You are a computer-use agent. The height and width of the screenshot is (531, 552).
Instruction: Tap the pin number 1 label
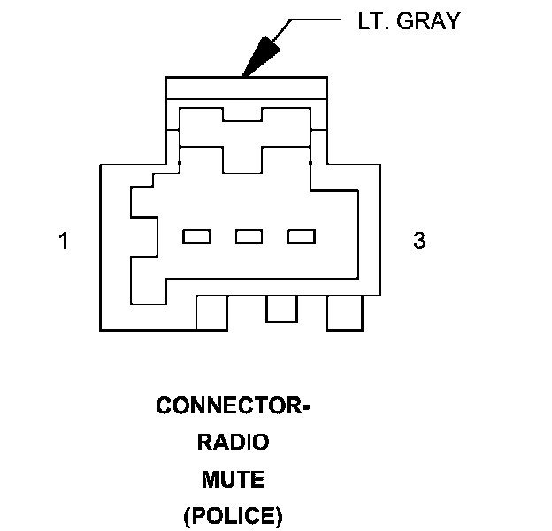(x=63, y=240)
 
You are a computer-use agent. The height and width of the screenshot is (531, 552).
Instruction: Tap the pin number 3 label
(x=419, y=240)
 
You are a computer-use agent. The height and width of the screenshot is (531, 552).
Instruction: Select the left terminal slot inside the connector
(x=195, y=236)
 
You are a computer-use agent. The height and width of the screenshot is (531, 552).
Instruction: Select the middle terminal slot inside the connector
(x=249, y=236)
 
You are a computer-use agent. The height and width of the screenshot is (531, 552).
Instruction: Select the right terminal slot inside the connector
(x=302, y=236)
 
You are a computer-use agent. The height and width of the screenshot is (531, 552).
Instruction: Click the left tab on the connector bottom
(x=211, y=313)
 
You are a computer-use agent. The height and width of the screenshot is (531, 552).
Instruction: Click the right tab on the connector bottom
(x=345, y=313)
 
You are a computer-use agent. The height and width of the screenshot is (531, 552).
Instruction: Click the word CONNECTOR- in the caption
(x=233, y=405)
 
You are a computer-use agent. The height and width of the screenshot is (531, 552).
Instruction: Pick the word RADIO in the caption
(x=233, y=442)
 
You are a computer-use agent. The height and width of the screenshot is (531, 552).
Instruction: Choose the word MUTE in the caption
(x=233, y=479)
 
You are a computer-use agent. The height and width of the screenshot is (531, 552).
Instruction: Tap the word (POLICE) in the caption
(x=233, y=515)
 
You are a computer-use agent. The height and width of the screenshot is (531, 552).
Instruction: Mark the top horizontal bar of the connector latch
(x=246, y=88)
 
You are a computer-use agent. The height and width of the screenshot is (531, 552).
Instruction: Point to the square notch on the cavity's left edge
(x=142, y=236)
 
